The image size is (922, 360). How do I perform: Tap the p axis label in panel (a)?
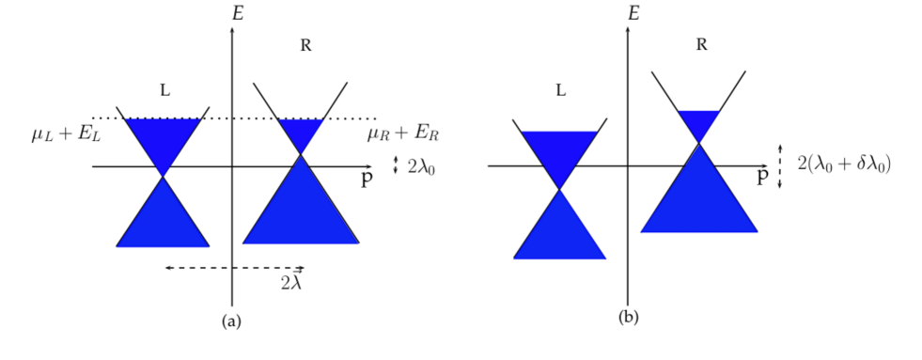(x=367, y=180)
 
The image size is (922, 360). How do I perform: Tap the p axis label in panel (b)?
(x=763, y=178)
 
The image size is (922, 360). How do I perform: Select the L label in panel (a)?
(x=165, y=91)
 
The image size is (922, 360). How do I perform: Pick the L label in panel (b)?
(x=561, y=91)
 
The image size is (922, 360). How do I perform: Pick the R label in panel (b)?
(x=701, y=45)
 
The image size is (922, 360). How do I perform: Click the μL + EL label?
(x=65, y=136)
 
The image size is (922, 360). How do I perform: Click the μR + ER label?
(x=403, y=135)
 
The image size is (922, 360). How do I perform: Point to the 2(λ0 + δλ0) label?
(x=843, y=164)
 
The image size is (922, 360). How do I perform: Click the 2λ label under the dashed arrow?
(x=291, y=282)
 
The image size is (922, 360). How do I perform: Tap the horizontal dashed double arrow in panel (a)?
(x=234, y=268)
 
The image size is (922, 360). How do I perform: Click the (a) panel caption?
(x=231, y=321)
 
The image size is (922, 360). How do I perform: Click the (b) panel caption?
(x=628, y=317)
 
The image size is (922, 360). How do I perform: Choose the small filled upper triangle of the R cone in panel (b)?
(x=698, y=122)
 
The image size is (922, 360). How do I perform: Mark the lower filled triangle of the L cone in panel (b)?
(x=559, y=230)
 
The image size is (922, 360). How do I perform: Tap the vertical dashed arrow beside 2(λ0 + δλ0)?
(x=781, y=165)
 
